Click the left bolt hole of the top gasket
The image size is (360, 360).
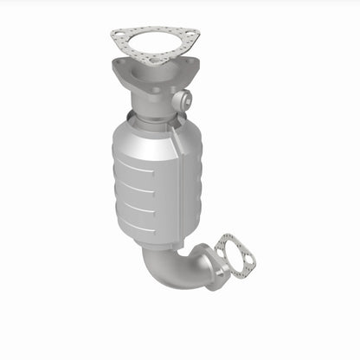pos(119,35)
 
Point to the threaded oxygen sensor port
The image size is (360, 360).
pos(181,101)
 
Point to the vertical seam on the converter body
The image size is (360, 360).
pos(177,182)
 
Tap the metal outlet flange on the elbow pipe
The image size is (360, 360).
pos(208,260)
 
